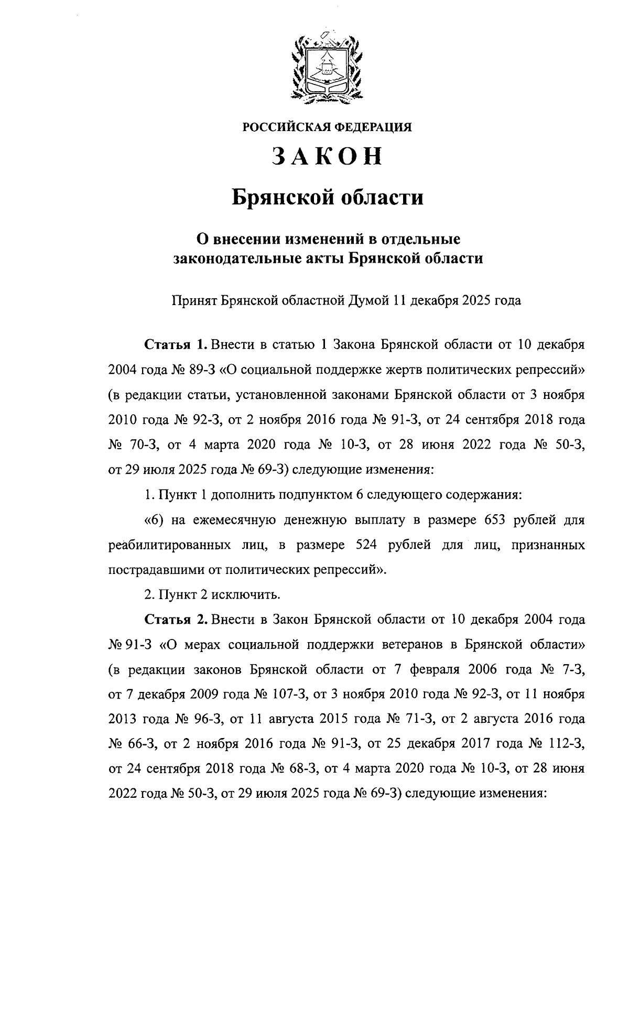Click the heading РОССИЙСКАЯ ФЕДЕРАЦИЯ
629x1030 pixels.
(x=327, y=127)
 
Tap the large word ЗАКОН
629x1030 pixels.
(x=327, y=157)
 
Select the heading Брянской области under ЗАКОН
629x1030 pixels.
(x=328, y=198)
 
